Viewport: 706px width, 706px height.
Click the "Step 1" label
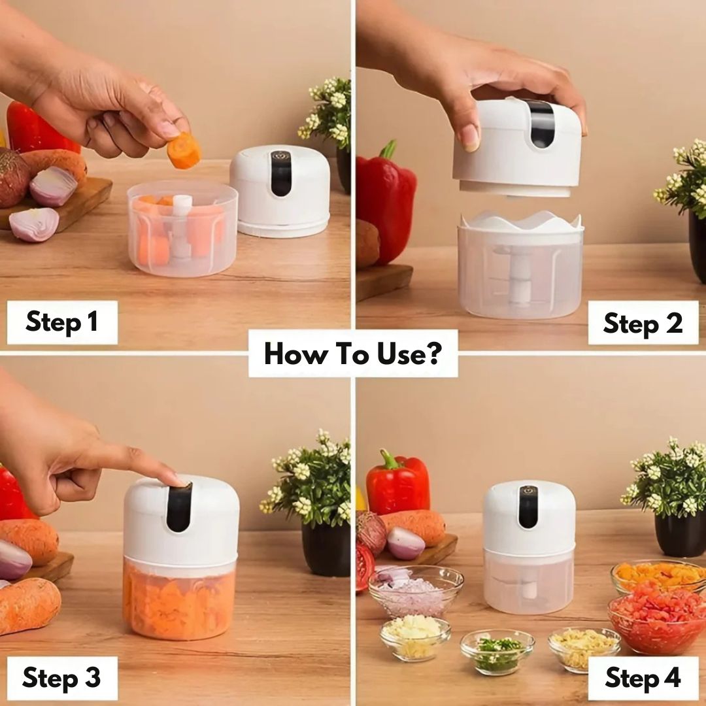(61, 322)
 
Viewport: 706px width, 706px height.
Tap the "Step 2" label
(643, 324)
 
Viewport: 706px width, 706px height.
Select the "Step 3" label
(61, 678)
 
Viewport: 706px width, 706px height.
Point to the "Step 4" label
(643, 678)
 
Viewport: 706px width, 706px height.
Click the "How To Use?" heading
(352, 354)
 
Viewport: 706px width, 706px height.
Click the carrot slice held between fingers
(184, 150)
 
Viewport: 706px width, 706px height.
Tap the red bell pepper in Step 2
(386, 203)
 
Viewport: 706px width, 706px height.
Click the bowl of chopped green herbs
(497, 650)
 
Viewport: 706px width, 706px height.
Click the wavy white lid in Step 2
(520, 222)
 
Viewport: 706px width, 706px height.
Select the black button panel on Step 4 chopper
(528, 507)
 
